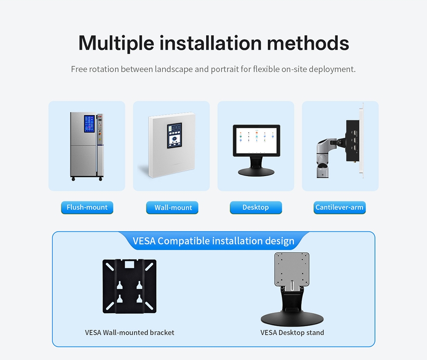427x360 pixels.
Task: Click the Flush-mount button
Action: click(x=87, y=207)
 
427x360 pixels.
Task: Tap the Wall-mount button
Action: click(x=172, y=207)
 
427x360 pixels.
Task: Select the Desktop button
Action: click(x=256, y=207)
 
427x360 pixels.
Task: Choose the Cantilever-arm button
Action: click(x=339, y=207)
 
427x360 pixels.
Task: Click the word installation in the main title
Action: click(x=211, y=43)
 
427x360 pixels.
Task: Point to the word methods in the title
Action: click(x=308, y=43)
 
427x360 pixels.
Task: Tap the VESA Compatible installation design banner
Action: click(x=213, y=241)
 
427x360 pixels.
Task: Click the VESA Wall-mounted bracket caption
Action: click(x=129, y=333)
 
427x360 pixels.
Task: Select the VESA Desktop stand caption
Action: click(x=292, y=333)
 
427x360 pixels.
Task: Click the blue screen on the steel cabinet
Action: click(x=89, y=124)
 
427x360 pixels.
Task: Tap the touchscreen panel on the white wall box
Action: click(x=175, y=136)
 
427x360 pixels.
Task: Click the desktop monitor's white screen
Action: click(x=256, y=141)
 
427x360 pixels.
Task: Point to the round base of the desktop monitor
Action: click(x=256, y=172)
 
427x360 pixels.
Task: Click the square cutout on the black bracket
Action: click(x=129, y=264)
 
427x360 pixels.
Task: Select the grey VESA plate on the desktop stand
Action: click(x=292, y=269)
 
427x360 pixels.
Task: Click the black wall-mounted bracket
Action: click(x=129, y=286)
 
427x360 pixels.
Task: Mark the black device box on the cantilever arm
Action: click(x=353, y=141)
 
